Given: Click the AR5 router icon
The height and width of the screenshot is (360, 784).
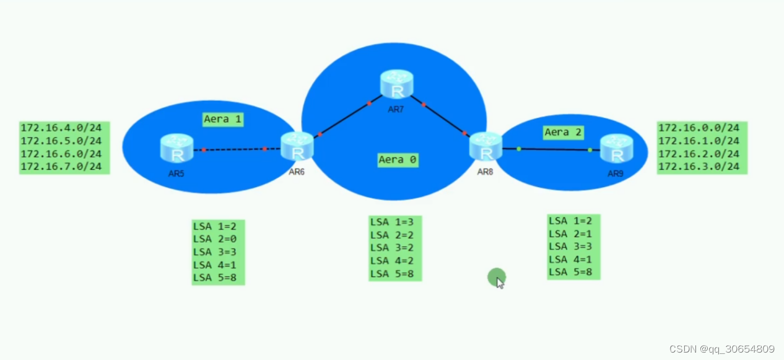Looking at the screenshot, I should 176,149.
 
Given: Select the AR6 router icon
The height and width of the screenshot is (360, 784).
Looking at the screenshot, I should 297,147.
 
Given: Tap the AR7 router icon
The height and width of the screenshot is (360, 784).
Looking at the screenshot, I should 397,85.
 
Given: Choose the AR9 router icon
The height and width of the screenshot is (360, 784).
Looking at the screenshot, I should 616,149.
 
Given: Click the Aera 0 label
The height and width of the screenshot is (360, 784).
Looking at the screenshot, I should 398,160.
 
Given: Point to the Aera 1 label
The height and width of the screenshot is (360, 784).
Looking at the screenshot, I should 223,119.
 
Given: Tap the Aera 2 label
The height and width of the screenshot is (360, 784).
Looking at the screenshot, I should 564,132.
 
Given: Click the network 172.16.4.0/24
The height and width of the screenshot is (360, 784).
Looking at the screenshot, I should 61,128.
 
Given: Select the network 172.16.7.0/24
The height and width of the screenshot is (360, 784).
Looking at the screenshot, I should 61,167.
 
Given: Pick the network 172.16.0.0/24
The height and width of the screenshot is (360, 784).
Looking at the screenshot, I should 699,128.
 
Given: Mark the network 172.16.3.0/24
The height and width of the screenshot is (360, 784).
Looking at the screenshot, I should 699,167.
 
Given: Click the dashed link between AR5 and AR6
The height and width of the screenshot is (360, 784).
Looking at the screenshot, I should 234,149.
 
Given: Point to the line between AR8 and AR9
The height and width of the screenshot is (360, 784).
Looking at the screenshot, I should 554,149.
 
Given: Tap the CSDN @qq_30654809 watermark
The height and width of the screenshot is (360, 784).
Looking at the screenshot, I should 721,349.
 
